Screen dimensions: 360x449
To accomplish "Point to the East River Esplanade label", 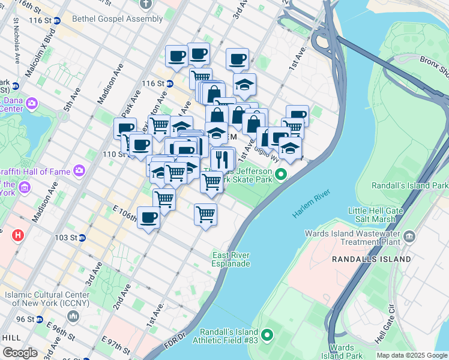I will [231, 259].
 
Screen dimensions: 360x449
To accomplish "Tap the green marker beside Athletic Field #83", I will [267, 334].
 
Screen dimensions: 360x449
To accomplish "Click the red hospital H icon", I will [17, 234].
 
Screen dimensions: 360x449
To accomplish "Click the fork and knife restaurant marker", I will [222, 160].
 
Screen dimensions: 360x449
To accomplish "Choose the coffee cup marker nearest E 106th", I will [148, 218].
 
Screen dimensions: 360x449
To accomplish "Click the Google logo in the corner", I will [20, 353].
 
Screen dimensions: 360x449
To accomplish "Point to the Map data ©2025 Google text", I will [412, 355].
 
